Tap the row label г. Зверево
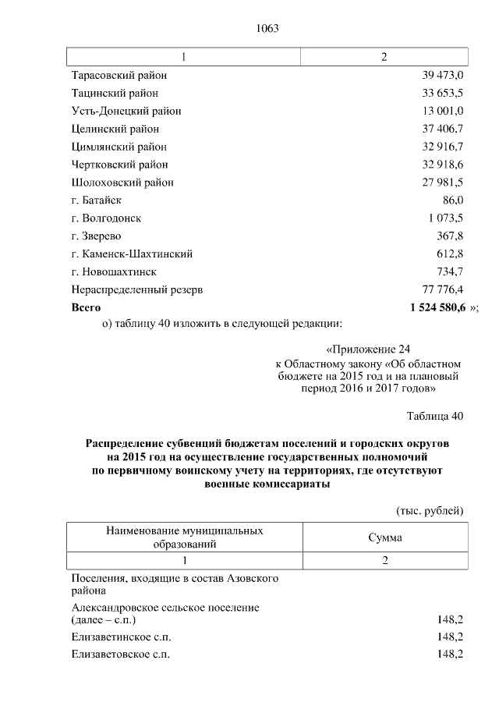click(96, 236)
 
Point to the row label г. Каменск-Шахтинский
click(132, 254)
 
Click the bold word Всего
click(86, 307)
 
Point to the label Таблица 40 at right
click(435, 416)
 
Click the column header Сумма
click(384, 537)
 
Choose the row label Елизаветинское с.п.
click(120, 637)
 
